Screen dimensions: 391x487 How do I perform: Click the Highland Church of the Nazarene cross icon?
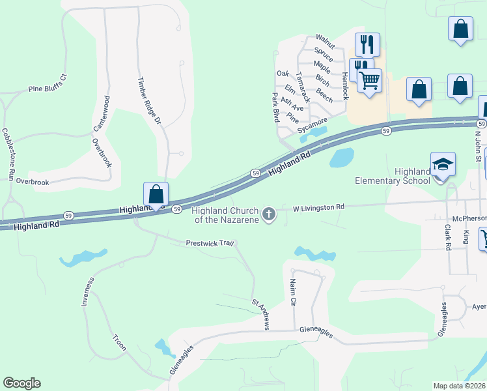click(x=268, y=214)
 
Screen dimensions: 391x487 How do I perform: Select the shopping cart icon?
click(x=369, y=81)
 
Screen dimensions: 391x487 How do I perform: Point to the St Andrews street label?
click(x=260, y=314)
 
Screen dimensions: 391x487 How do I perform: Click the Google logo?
click(x=21, y=383)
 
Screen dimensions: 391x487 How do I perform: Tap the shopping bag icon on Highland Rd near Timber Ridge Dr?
click(x=156, y=194)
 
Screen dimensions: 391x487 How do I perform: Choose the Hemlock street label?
click(x=345, y=85)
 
